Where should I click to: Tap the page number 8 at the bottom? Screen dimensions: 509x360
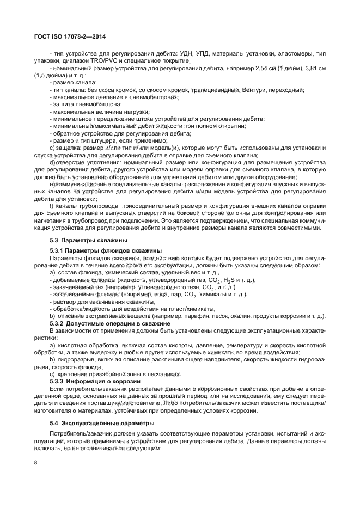coord(35,462)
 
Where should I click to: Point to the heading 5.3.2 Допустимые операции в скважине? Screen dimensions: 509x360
coord(103,323)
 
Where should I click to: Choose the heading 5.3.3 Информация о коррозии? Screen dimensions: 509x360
coord(90,381)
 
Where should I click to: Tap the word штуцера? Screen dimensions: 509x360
coord(95,140)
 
